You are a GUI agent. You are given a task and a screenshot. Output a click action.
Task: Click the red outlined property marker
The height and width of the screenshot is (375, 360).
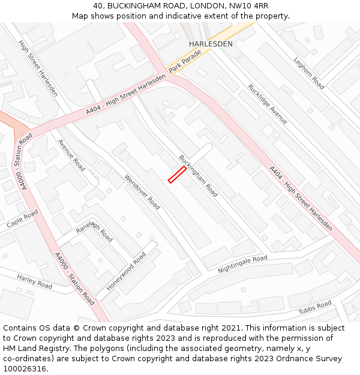pyautogui.click(x=176, y=175)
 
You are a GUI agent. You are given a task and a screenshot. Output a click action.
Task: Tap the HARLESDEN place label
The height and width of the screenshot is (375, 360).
pyautogui.click(x=211, y=44)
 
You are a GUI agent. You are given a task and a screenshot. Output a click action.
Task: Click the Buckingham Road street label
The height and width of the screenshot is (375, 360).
pyautogui.click(x=198, y=176)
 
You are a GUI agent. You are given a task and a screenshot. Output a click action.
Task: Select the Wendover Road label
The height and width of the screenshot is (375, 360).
pyautogui.click(x=142, y=192)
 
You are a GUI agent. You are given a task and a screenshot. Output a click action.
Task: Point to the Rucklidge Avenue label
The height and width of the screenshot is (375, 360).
pyautogui.click(x=268, y=104)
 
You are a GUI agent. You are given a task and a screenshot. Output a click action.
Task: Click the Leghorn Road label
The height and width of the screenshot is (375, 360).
pyautogui.click(x=309, y=73)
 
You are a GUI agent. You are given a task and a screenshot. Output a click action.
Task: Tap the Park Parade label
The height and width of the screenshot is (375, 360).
pyautogui.click(x=185, y=62)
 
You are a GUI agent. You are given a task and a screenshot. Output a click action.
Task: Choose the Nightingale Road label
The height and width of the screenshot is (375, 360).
pyautogui.click(x=242, y=263)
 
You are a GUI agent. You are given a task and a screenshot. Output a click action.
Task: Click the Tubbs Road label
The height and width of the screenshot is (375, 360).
pyautogui.click(x=315, y=308)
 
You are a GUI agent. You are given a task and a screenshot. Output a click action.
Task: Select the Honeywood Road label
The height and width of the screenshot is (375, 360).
pyautogui.click(x=127, y=272)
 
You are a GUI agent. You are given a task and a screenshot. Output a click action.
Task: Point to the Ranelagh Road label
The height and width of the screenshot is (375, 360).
pyautogui.click(x=94, y=231)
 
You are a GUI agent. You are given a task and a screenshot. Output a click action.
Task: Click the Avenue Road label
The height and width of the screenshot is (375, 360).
pyautogui.click(x=71, y=155)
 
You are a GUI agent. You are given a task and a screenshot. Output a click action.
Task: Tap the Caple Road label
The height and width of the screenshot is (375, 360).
pyautogui.click(x=22, y=219)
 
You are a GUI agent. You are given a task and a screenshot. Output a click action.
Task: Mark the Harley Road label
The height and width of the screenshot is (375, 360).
pyautogui.click(x=35, y=281)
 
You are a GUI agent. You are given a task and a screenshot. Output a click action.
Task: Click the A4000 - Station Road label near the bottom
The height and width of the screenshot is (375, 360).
pyautogui.click(x=74, y=279)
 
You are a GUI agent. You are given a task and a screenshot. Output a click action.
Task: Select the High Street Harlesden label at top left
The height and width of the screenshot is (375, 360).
pyautogui.click(x=38, y=68)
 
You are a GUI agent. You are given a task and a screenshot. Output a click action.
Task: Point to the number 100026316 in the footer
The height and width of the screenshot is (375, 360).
pyautogui.click(x=26, y=369)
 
